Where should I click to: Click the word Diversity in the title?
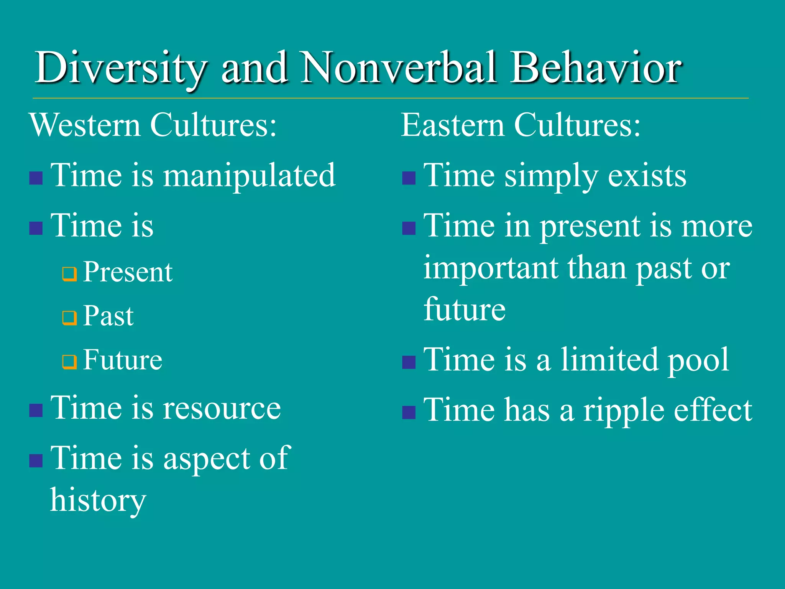121,68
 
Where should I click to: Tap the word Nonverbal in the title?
399,68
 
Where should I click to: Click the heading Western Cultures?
153,125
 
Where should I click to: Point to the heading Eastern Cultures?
521,125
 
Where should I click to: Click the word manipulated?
249,176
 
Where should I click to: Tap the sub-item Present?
128,272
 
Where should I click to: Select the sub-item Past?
108,316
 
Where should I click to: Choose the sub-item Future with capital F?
123,360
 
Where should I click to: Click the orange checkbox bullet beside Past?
70,318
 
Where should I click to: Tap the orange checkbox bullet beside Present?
70,274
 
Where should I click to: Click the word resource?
222,408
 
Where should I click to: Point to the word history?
98,500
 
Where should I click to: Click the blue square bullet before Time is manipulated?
36,178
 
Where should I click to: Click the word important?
491,268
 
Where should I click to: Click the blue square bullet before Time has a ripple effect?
409,413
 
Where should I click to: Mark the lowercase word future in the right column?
465,309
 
